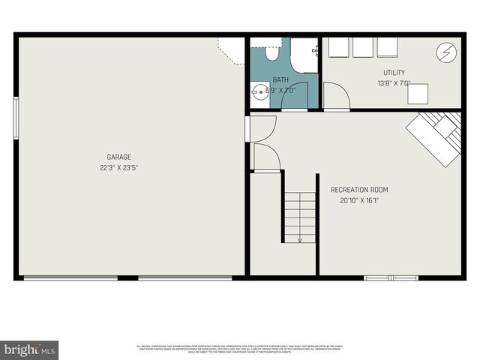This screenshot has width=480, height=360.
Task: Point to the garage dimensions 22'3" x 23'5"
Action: coord(118,167)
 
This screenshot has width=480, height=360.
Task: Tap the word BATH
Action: coord(280,79)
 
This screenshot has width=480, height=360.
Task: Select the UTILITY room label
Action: coord(394,73)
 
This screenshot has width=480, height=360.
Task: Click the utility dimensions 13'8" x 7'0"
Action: coord(394,83)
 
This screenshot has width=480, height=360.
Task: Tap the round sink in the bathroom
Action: coord(260,94)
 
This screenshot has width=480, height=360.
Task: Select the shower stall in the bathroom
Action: coord(304,55)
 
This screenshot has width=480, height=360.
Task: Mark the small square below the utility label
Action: coord(418,94)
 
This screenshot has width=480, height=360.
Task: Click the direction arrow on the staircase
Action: coord(300,238)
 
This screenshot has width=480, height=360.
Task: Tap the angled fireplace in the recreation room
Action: coord(436,137)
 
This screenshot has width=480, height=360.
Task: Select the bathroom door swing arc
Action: coord(293,95)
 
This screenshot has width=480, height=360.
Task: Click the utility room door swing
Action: coord(337,96)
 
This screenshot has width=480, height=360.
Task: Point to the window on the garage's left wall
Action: coord(16,118)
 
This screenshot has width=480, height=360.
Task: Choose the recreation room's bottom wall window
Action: coord(391,278)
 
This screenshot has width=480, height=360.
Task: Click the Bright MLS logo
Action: coord(29,349)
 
